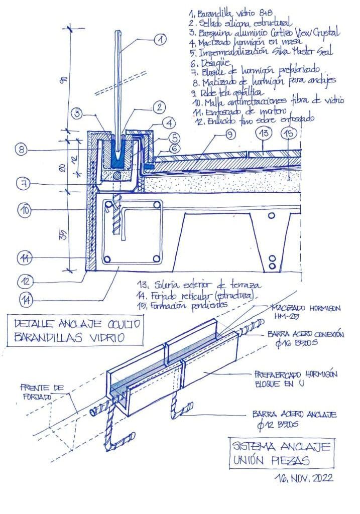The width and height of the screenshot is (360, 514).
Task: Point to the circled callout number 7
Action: point(24,184)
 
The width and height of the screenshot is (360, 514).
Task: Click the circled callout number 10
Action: point(25,210)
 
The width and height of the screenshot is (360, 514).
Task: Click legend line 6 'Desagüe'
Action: point(203,63)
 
